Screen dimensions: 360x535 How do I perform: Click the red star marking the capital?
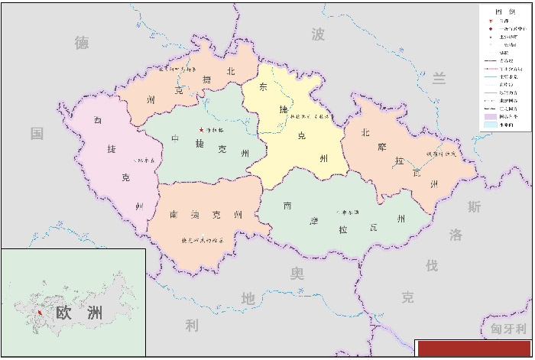coord(201,129)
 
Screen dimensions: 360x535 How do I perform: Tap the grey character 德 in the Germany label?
coord(82,43)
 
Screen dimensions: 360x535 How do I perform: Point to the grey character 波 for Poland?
coord(319,34)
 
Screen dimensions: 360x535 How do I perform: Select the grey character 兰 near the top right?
coord(439,78)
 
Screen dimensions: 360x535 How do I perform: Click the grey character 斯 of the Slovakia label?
coord(475,206)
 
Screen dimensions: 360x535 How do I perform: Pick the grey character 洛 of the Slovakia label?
coord(456,235)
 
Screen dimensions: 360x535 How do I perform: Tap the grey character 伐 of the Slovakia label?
coord(432,265)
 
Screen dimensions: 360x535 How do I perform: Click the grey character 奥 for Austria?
coord(297,273)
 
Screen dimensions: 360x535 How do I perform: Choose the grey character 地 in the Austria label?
coord(248,299)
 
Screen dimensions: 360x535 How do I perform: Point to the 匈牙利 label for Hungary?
coord(508,329)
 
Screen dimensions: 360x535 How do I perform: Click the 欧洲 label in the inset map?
coord(79,313)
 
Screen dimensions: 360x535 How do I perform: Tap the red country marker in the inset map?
coord(40,313)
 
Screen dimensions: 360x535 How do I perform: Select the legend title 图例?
coord(505,11)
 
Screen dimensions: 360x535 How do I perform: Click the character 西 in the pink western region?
coord(98,120)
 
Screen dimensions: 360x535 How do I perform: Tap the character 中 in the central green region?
coord(175,139)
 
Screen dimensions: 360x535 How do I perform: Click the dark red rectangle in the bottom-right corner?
coord(474,349)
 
